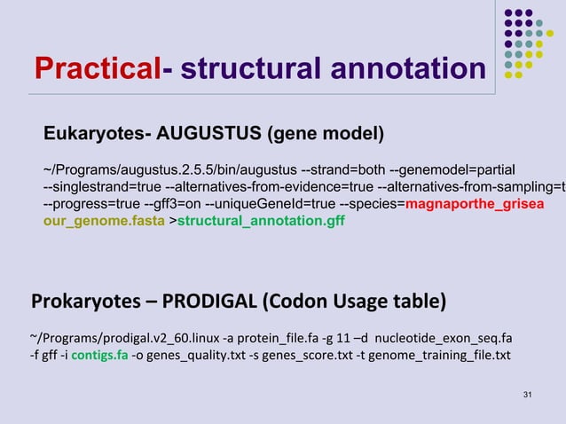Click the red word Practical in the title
(97, 67)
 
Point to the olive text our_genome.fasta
(104, 221)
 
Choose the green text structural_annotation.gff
(261, 221)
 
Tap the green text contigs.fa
(99, 357)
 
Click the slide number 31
(529, 393)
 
